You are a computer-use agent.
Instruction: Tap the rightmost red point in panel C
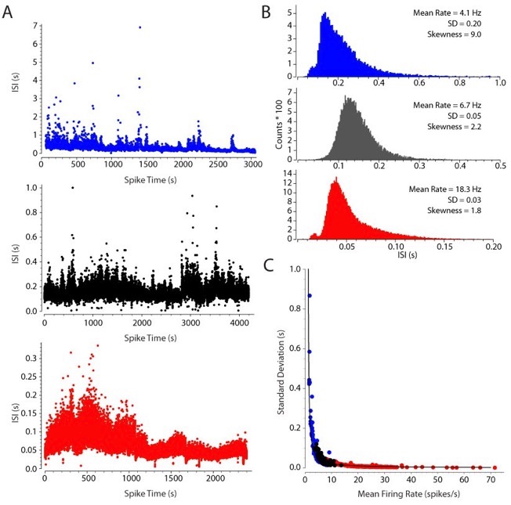(495, 467)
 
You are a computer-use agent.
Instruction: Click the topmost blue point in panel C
(310, 295)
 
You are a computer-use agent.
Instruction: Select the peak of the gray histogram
(347, 98)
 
